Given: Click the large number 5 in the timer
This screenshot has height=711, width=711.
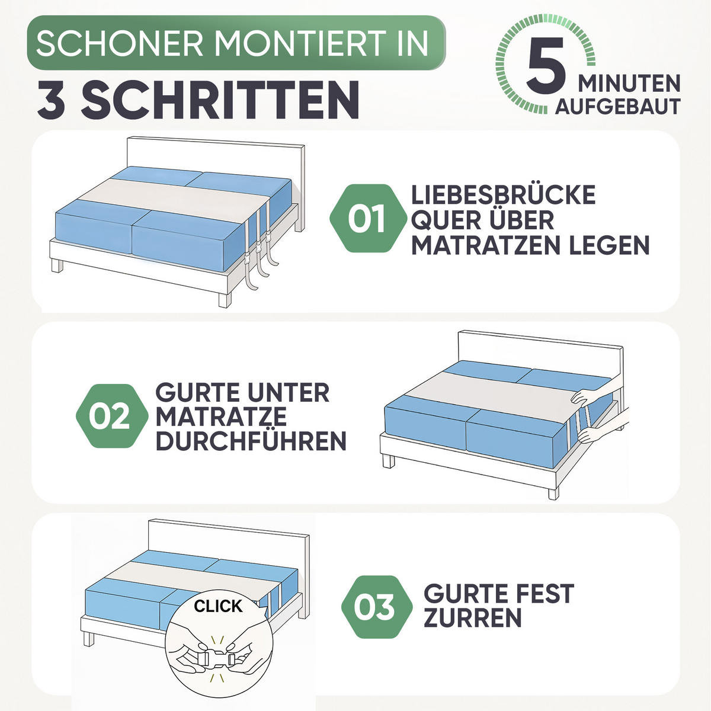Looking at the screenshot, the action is [x=546, y=65].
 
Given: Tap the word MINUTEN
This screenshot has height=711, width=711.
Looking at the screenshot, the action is [x=629, y=84].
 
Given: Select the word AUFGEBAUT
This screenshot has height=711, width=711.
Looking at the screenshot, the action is [x=617, y=107].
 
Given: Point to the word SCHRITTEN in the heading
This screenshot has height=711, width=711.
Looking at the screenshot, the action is [x=220, y=99].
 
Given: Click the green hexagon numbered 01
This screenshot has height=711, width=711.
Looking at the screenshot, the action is [x=368, y=219].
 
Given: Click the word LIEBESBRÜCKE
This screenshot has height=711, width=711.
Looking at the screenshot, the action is [x=503, y=194].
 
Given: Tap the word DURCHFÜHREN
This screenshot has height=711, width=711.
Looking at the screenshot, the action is [x=251, y=441].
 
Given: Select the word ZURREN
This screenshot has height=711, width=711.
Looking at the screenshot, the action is [x=473, y=617].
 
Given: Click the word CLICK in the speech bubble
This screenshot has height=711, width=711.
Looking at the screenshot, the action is [x=218, y=606].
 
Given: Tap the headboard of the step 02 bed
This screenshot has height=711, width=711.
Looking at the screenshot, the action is [x=541, y=354].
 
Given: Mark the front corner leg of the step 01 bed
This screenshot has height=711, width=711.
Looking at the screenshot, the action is [x=225, y=300].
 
